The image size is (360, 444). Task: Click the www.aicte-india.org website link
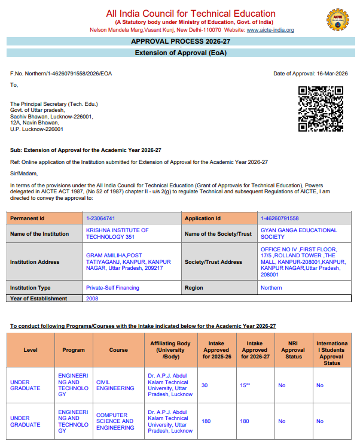[x=270, y=30]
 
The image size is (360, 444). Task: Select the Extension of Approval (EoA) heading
[x=180, y=53]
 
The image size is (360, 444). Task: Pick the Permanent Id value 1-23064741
[x=100, y=218]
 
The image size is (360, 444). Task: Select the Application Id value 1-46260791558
[x=279, y=218]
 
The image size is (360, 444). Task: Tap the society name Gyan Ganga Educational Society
[x=298, y=233]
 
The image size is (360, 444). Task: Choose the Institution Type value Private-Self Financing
[x=112, y=288]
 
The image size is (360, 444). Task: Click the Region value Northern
[x=271, y=288]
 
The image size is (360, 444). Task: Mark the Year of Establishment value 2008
[x=92, y=299]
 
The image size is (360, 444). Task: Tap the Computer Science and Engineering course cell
[x=115, y=421]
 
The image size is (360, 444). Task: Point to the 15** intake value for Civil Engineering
[x=246, y=385]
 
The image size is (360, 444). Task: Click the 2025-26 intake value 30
[x=205, y=385]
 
